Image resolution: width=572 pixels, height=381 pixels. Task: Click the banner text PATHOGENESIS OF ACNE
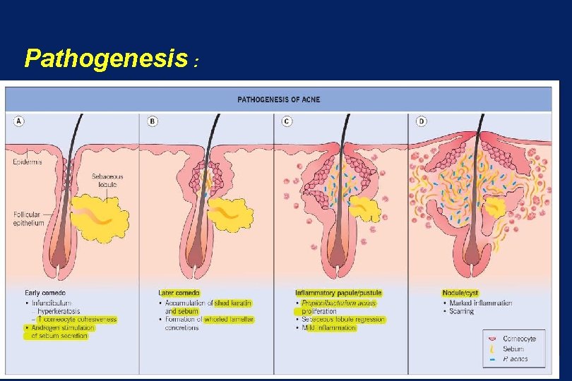tap(278, 99)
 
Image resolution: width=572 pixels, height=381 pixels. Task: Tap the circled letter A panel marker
tap(19, 121)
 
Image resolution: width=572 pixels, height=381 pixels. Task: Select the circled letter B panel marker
tap(153, 121)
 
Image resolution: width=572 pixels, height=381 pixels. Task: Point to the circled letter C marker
tap(287, 121)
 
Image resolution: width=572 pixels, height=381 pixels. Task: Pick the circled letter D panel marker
tap(421, 121)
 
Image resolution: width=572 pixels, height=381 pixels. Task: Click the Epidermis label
tap(27, 162)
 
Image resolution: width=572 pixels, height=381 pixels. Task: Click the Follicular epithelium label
tap(28, 219)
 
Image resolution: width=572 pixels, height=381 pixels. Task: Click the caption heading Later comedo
tap(179, 294)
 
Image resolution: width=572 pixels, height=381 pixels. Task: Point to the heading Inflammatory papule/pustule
tap(338, 294)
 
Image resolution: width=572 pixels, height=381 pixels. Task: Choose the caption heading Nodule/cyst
tap(460, 294)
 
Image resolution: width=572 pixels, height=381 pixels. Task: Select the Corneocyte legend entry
tap(519, 339)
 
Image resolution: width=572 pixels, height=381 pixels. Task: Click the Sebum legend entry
tap(514, 349)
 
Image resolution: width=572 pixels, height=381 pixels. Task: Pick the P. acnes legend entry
tap(516, 359)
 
